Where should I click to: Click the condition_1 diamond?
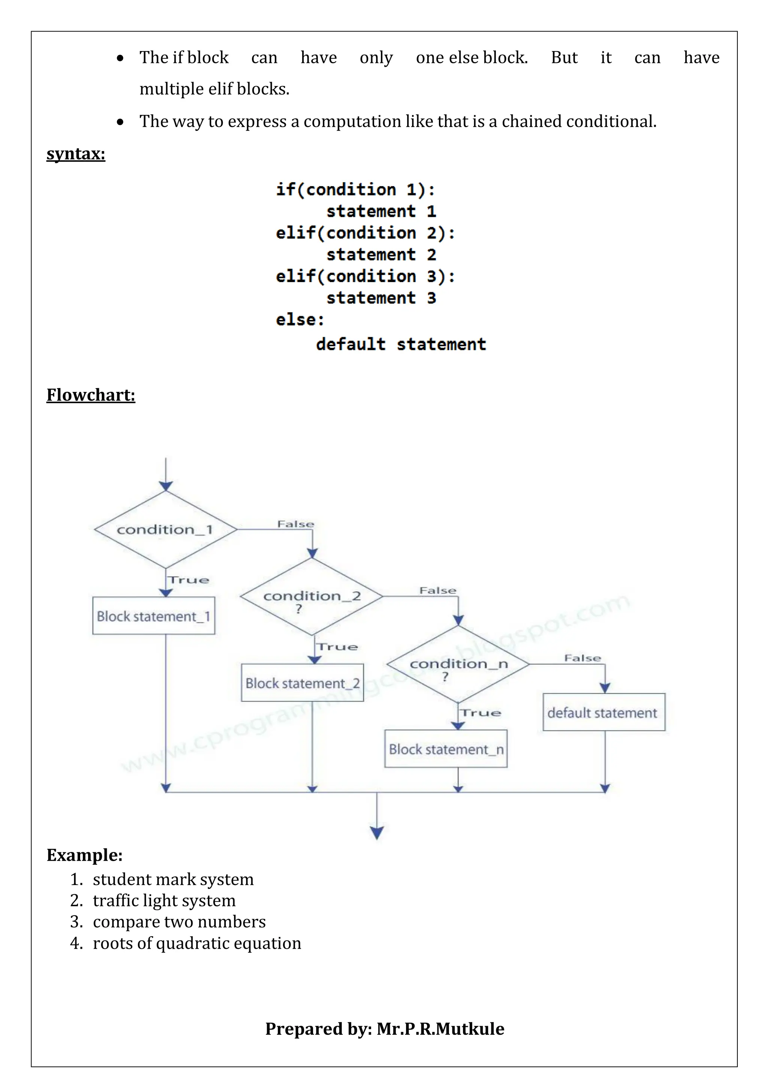165,529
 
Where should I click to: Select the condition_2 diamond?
312,596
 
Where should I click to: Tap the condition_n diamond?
458,664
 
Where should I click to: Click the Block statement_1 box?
154,616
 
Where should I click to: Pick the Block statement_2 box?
302,683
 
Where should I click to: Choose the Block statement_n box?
446,749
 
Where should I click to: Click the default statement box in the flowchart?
604,712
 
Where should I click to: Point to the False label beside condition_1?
295,524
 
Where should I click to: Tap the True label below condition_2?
337,647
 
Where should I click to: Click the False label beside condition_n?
582,658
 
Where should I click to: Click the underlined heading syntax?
76,154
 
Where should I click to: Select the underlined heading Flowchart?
91,395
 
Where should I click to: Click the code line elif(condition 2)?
365,233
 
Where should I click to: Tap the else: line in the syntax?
300,320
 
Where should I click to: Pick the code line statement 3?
381,298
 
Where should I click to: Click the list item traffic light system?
164,900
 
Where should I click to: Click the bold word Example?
85,855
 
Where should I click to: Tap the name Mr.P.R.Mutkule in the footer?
440,1029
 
